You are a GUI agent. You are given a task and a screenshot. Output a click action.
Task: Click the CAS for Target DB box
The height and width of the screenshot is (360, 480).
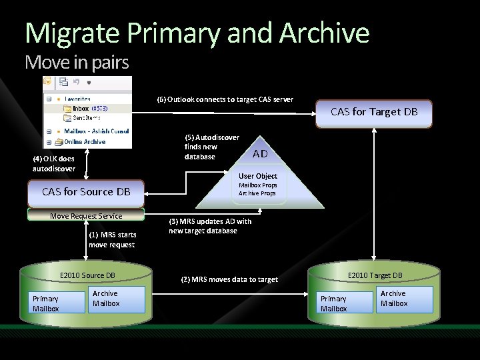(374, 112)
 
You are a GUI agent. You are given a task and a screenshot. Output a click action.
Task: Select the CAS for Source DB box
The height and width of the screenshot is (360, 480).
(86, 192)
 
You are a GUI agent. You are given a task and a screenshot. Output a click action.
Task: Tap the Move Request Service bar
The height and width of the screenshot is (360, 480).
(86, 215)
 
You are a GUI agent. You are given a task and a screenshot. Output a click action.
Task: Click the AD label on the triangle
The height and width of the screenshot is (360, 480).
(260, 154)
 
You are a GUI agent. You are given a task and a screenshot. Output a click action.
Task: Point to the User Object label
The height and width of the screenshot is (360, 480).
(258, 176)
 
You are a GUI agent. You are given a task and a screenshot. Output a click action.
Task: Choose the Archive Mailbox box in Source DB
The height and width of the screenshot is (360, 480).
(117, 299)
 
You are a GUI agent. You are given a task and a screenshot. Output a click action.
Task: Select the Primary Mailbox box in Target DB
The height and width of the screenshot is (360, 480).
(343, 303)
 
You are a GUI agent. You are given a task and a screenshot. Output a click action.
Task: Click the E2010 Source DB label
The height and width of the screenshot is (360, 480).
(87, 275)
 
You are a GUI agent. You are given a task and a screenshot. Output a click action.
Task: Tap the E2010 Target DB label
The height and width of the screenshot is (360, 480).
(375, 275)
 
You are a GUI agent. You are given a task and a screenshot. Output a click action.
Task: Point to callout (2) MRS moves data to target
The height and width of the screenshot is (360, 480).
(229, 279)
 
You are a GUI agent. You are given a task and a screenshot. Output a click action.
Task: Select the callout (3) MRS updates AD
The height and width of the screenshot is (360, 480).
(210, 226)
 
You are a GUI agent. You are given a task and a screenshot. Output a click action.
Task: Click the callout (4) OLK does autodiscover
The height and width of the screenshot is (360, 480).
(53, 163)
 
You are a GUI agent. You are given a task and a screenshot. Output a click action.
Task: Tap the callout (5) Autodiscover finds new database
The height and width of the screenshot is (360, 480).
(211, 147)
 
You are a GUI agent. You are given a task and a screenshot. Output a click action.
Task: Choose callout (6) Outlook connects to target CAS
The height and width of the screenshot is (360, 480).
(225, 99)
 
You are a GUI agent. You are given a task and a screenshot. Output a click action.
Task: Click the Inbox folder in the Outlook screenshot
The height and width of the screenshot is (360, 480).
(81, 108)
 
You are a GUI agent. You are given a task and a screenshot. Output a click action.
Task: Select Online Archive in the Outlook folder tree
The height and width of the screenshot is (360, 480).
(84, 141)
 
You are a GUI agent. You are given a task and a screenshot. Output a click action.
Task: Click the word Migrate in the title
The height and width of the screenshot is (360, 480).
(71, 33)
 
